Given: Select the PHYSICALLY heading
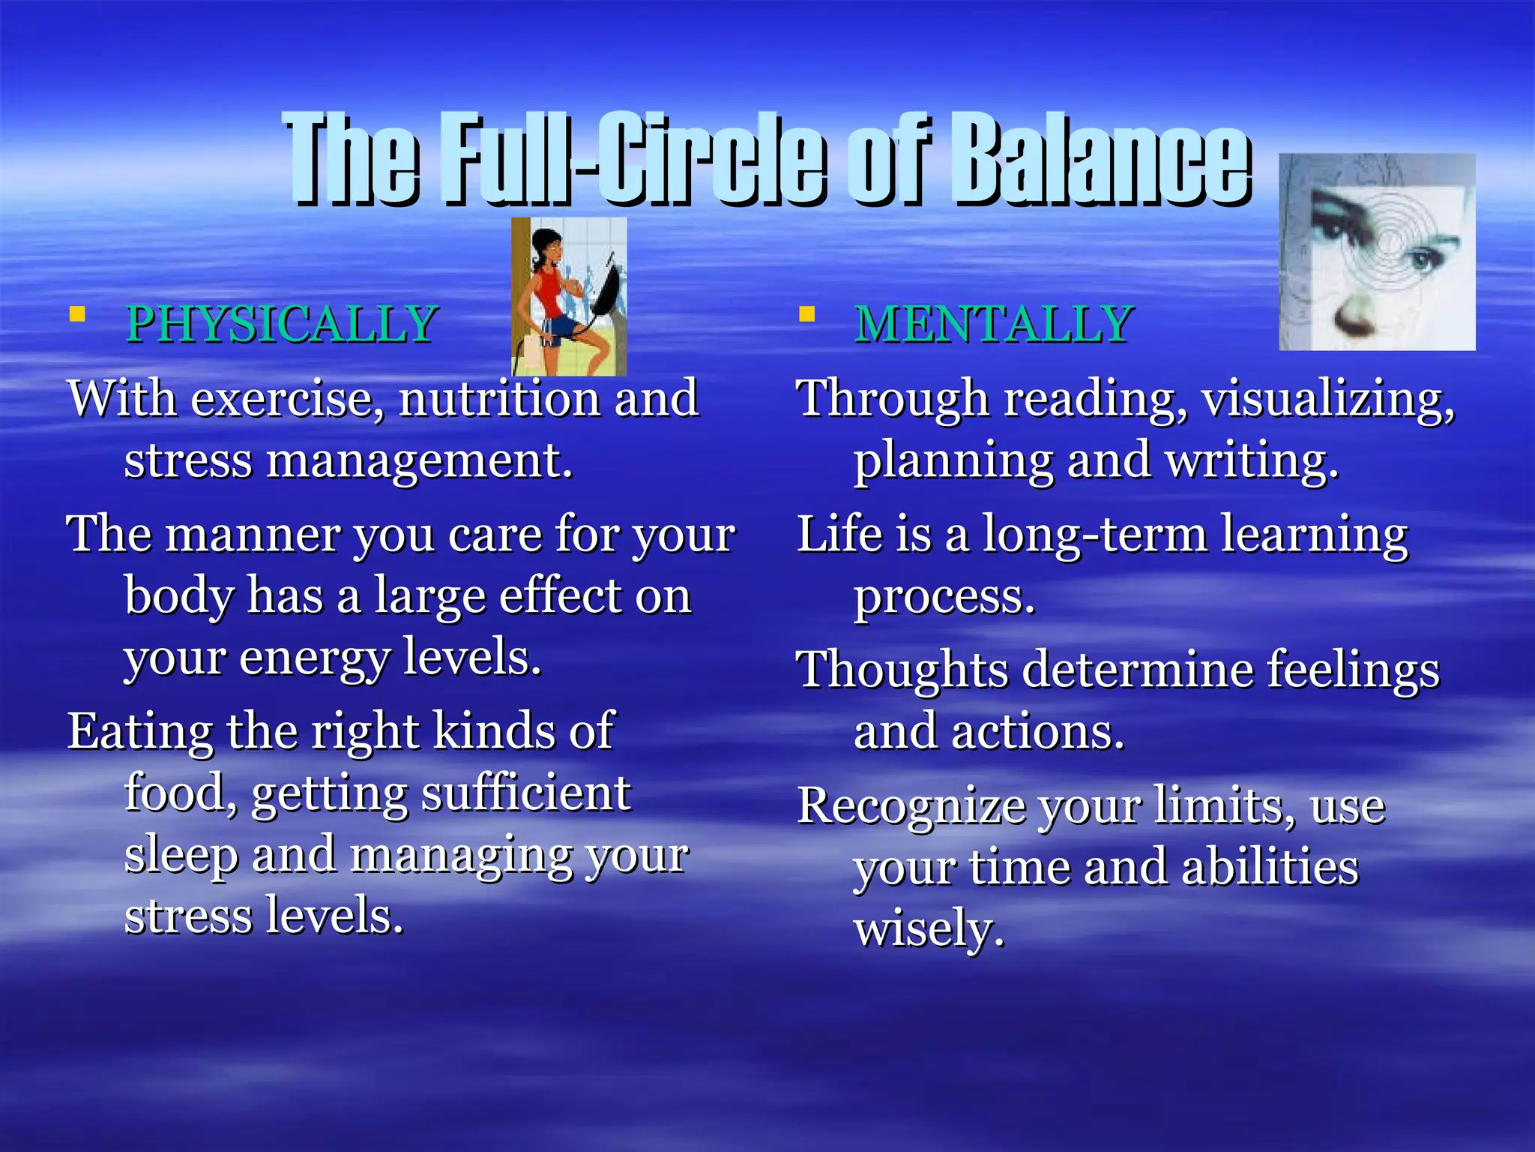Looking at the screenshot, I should (x=282, y=324).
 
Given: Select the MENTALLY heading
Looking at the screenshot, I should (x=994, y=324).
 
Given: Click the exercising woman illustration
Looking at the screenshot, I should (x=569, y=297).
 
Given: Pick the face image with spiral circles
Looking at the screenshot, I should (x=1377, y=252).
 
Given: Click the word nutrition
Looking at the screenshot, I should (x=499, y=398).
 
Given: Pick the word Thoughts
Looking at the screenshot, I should (x=902, y=670).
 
